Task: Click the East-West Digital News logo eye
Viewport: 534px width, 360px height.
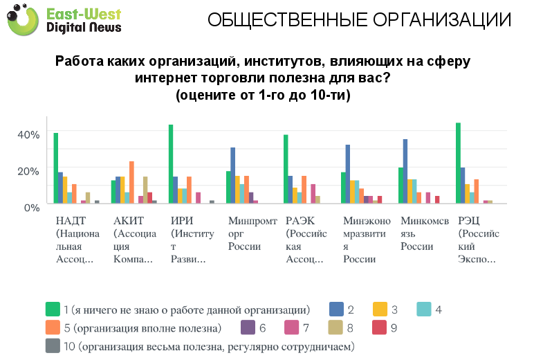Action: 26,19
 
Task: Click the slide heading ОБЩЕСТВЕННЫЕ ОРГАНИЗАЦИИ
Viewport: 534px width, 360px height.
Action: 360,20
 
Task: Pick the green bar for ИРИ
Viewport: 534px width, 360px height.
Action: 171,164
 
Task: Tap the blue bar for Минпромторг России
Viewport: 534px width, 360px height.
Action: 233,176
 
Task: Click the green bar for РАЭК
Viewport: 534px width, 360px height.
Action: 286,169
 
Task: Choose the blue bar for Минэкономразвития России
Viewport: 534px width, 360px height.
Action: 348,174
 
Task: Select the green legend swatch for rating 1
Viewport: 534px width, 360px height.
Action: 52,309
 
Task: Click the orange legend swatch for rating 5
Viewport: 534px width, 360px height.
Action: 52,327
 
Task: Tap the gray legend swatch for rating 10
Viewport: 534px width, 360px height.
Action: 52,344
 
